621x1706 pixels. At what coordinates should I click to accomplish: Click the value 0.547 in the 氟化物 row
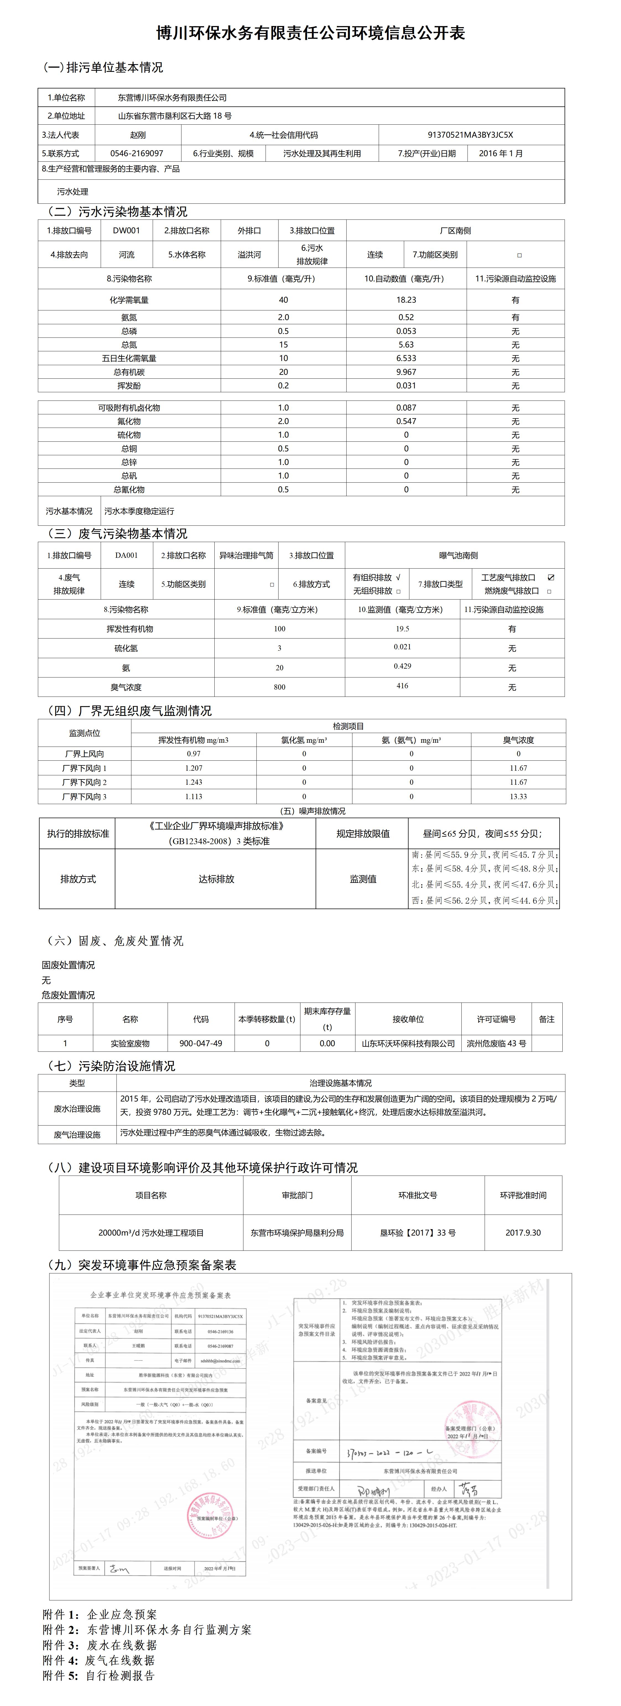click(406, 421)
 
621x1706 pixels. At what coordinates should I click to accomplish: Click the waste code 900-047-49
click(201, 1043)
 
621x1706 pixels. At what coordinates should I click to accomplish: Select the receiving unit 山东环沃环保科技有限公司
click(408, 1043)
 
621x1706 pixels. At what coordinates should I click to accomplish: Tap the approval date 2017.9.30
click(523, 1233)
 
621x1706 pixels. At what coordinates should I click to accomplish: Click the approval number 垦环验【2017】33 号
click(417, 1233)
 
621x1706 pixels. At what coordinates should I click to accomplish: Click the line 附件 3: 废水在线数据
click(100, 1645)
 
